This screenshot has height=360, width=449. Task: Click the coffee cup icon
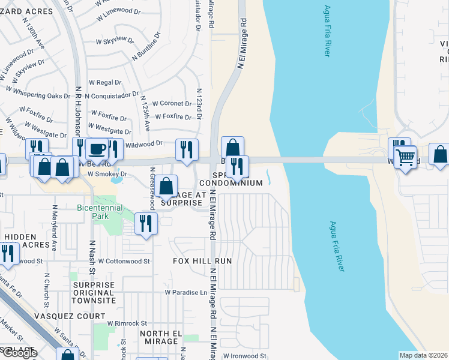[x=97, y=149]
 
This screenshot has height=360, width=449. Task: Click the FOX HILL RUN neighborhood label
[x=202, y=262]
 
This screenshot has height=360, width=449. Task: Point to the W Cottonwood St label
[x=124, y=261]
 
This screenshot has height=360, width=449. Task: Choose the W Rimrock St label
[x=127, y=323]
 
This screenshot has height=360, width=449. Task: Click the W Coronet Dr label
[x=171, y=103]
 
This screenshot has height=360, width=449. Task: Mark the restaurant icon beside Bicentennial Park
[x=146, y=224]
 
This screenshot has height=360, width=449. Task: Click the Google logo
[x=20, y=353]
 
